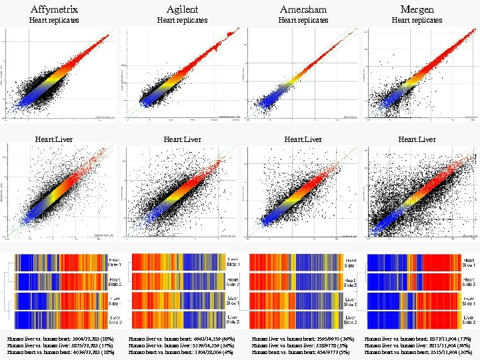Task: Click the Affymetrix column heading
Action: coord(54,9)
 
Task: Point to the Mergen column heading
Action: coord(417,9)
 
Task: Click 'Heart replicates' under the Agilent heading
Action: coord(182,20)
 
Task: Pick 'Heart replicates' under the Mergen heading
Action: coord(417,20)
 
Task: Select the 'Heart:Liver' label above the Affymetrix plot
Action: coord(54,139)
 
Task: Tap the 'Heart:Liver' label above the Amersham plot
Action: coord(303,139)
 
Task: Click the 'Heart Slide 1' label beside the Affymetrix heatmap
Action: coord(116,262)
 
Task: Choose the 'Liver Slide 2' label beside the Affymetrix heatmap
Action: coord(116,319)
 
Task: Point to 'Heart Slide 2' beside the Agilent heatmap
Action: coord(236,281)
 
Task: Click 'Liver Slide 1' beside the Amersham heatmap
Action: coord(354,301)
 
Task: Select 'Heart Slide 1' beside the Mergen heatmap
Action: coord(469,262)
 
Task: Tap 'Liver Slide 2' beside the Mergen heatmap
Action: coord(469,319)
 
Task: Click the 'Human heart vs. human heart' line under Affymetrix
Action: coord(61,353)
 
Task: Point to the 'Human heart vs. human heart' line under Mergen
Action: coord(419,353)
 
